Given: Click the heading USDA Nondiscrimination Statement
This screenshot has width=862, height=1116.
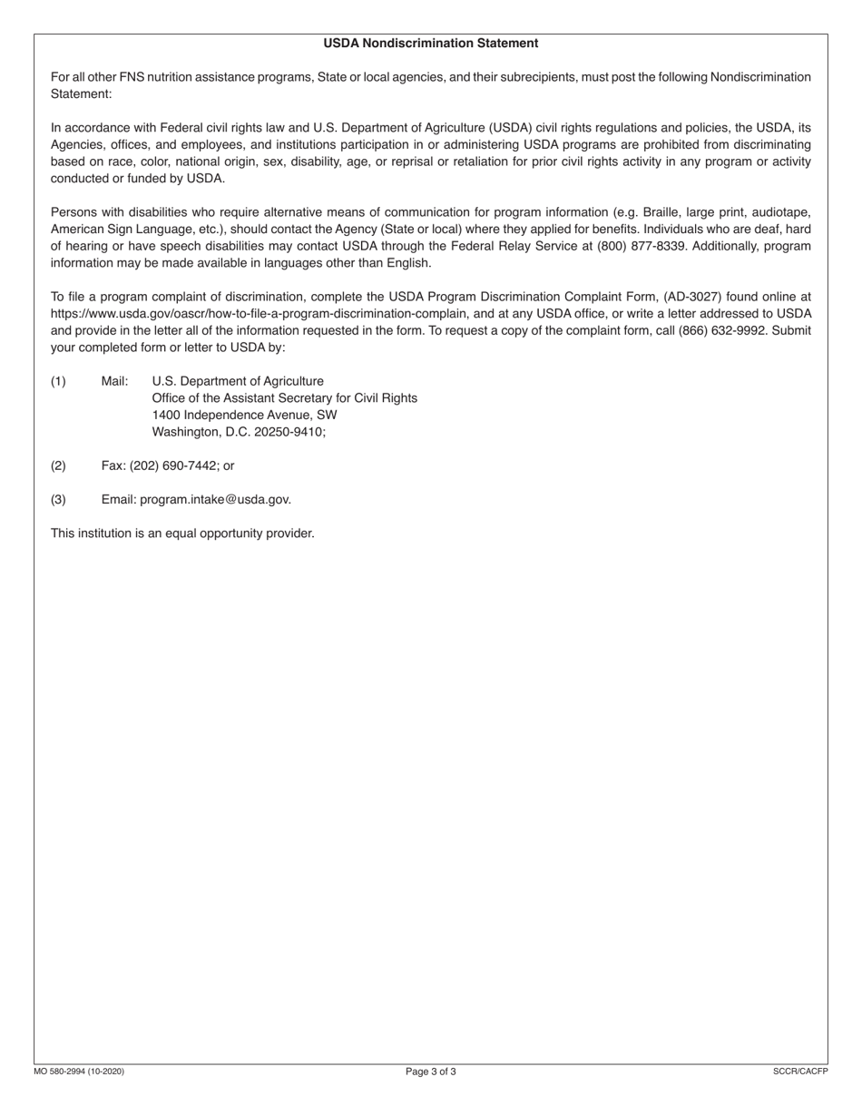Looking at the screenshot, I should pyautogui.click(x=431, y=43).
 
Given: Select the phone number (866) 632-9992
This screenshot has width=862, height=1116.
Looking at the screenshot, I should pyautogui.click(x=720, y=330).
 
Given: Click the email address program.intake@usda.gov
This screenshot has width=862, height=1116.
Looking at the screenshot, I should pyautogui.click(x=215, y=499).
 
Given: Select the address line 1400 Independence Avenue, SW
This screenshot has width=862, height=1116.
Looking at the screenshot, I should pyautogui.click(x=244, y=415).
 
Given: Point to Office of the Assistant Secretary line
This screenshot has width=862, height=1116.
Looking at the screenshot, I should pyautogui.click(x=284, y=397).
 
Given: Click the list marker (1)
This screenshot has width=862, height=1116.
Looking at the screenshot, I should pyautogui.click(x=58, y=381).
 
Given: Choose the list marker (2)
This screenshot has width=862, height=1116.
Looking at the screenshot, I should pyautogui.click(x=58, y=465).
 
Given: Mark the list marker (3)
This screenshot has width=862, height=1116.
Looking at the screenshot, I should pyautogui.click(x=58, y=499).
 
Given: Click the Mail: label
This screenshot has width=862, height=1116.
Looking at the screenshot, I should pyautogui.click(x=114, y=381).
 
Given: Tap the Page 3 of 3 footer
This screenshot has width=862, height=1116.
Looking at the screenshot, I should pyautogui.click(x=431, y=1072).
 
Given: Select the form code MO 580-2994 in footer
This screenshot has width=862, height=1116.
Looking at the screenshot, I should pyautogui.click(x=79, y=1072).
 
